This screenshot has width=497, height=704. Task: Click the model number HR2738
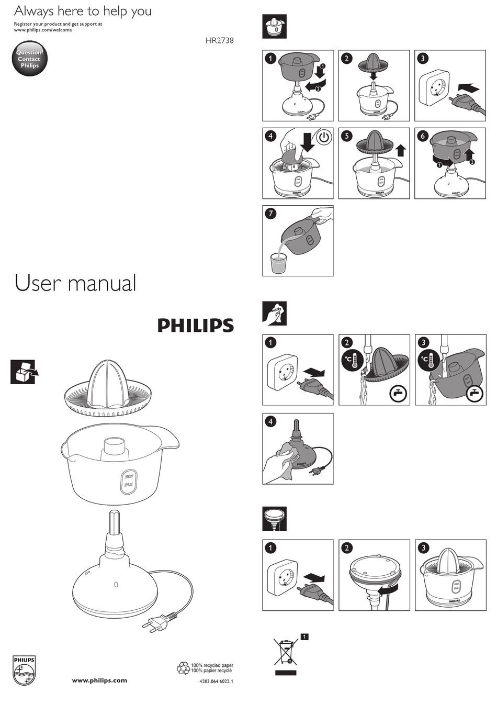[x=219, y=40]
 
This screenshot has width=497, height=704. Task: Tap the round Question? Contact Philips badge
[x=30, y=59]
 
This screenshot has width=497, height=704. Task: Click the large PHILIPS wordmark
[x=196, y=326]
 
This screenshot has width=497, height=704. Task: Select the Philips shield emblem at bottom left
[x=24, y=671]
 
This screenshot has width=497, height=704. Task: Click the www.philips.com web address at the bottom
[x=99, y=680]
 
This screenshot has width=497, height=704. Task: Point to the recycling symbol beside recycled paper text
[x=183, y=668]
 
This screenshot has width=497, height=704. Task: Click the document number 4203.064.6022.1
[x=216, y=681]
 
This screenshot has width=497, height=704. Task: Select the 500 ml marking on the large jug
[x=129, y=476]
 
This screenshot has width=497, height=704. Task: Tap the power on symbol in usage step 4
[x=324, y=138]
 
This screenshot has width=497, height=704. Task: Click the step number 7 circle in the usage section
[x=270, y=214]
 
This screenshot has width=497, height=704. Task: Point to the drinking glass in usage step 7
[x=279, y=263]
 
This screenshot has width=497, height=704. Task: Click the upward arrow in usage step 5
[x=401, y=150]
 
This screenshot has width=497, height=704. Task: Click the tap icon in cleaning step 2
[x=399, y=394]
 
